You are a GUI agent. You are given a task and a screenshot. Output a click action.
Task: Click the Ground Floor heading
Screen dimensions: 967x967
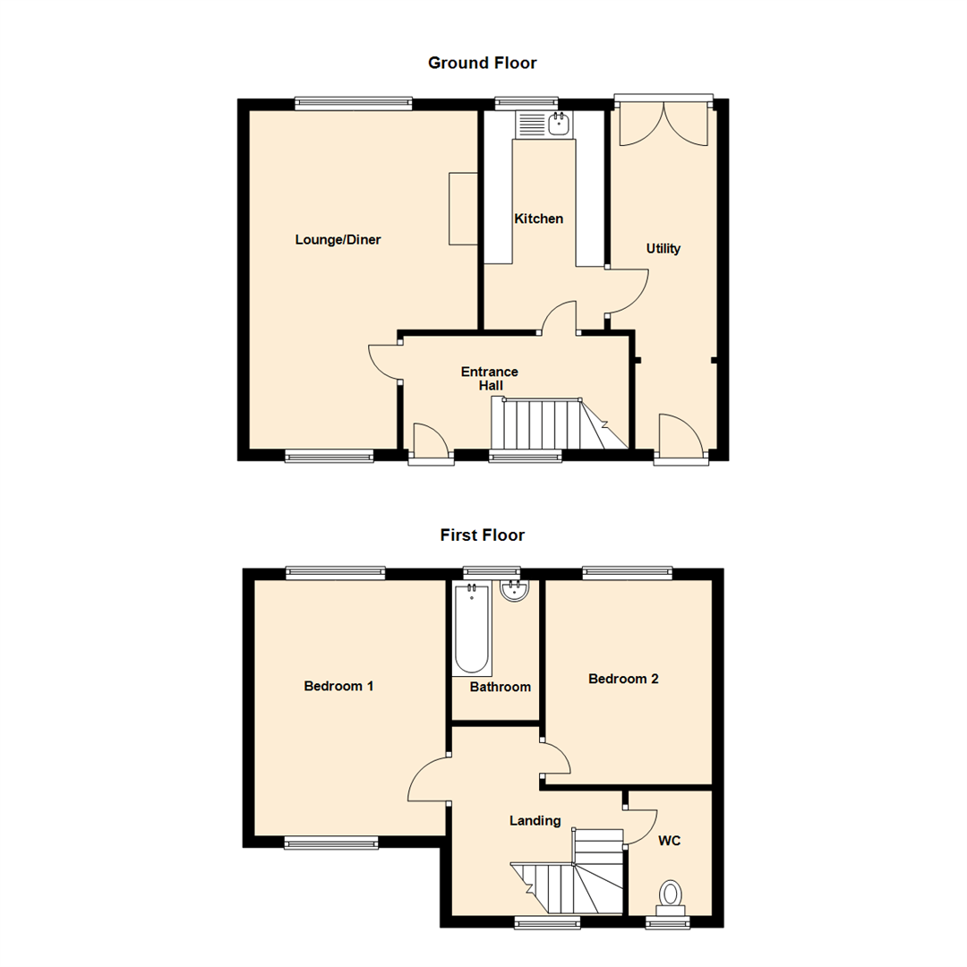coord(482,63)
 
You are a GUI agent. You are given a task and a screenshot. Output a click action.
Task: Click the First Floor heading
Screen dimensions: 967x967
coord(482,535)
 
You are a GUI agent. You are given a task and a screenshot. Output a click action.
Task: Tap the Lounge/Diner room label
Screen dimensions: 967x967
coord(338,240)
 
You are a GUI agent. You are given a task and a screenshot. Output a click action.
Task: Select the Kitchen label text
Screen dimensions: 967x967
coord(538,218)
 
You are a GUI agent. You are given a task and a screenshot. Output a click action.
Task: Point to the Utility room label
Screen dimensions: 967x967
coord(663,249)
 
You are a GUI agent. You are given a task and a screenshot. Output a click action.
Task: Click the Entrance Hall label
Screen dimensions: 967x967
coord(489,379)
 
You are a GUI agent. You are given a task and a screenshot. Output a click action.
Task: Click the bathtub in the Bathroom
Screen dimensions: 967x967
coord(473,629)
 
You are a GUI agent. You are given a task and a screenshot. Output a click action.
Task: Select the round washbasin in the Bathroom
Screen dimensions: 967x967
coord(514,591)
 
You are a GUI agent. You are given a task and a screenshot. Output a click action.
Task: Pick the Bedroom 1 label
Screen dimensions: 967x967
coord(338,687)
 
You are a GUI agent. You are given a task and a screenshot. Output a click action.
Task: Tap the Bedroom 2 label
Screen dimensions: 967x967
coord(623,680)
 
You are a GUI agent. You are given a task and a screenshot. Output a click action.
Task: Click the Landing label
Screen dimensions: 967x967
coord(535,820)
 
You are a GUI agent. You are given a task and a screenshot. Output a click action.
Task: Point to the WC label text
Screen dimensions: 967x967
coord(671,842)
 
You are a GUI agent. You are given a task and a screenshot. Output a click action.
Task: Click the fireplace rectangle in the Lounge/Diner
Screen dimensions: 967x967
coord(462,208)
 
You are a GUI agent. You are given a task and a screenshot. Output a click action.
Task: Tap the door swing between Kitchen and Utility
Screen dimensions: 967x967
coord(627,291)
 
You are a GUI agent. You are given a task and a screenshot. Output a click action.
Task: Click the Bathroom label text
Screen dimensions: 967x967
coord(501,688)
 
